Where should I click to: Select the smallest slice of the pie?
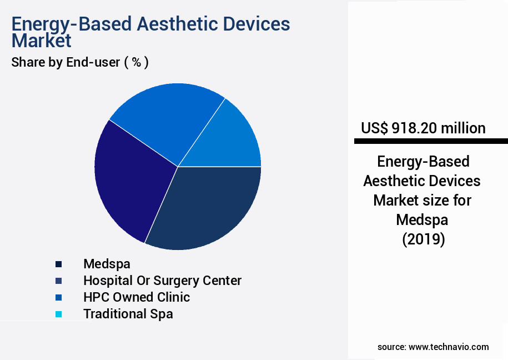(x=233, y=139)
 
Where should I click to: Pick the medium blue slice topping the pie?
(x=167, y=117)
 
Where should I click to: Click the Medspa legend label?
(x=107, y=264)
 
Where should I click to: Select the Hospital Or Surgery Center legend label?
(x=162, y=281)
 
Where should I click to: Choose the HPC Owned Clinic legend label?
(x=136, y=297)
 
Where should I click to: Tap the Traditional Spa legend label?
(x=128, y=314)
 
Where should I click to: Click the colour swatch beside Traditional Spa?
(x=58, y=314)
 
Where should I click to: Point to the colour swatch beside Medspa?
(x=58, y=264)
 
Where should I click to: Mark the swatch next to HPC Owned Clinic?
(x=58, y=298)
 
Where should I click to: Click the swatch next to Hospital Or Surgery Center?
(x=58, y=281)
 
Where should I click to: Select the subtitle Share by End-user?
(x=66, y=62)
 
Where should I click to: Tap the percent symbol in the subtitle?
(x=136, y=62)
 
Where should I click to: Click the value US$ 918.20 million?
(x=423, y=128)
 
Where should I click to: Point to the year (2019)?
(x=423, y=239)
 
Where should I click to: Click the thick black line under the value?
(x=430, y=142)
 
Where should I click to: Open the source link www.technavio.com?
(x=449, y=347)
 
